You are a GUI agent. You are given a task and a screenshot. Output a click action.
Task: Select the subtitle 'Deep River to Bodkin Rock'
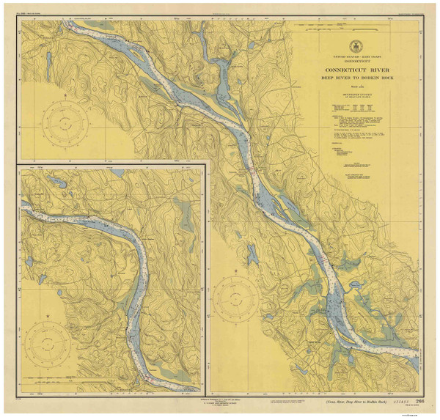(364, 81)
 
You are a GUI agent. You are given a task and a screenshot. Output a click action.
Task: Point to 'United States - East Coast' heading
(364, 56)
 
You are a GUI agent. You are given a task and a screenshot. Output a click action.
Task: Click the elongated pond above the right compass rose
(252, 254)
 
